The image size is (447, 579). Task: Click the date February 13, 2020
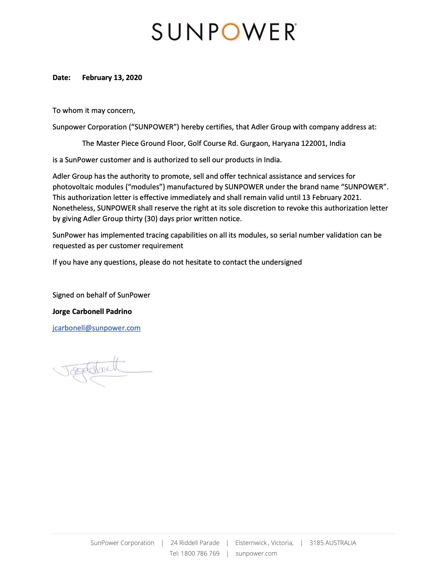pos(112,77)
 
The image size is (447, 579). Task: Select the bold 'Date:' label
pos(61,77)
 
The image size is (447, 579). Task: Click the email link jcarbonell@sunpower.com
pos(96,328)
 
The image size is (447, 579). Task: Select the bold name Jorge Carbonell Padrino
pos(92,311)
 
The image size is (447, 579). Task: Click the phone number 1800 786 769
pos(200,553)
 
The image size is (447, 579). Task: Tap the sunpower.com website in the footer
pos(256,553)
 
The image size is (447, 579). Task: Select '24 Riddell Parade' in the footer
pos(195,543)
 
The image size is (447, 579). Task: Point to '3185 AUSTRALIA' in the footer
pos(332,543)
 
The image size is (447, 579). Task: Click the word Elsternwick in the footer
pos(251,543)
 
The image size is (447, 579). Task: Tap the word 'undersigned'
pos(282,262)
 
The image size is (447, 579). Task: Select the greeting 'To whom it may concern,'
pos(94,110)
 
